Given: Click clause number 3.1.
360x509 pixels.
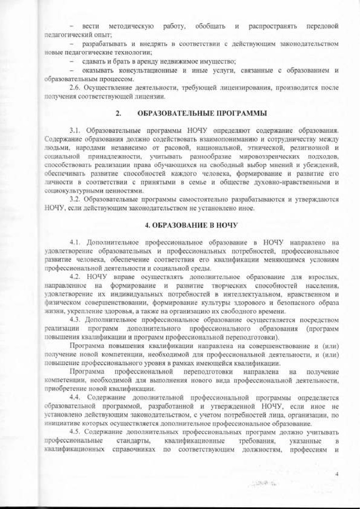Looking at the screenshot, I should (x=76, y=130).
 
